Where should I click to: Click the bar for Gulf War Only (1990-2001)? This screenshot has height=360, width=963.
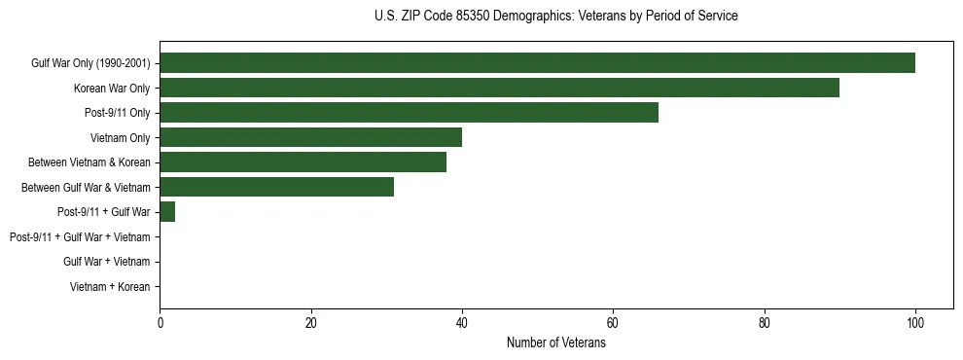click(537, 63)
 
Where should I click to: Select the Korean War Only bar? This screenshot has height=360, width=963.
click(499, 88)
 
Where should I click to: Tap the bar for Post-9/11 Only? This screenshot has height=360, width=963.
click(409, 113)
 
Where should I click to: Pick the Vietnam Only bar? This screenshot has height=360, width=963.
click(310, 137)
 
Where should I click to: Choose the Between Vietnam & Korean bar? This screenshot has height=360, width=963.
click(303, 162)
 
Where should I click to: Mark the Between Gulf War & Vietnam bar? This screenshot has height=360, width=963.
click(276, 187)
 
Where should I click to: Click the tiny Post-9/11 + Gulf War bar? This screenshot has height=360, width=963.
click(167, 212)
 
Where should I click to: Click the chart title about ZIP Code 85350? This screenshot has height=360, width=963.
click(555, 17)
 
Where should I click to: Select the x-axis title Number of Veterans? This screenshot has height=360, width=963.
click(555, 343)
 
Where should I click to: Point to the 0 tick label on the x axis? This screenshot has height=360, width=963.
click(160, 323)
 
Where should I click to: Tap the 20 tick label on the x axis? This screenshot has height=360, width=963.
click(311, 323)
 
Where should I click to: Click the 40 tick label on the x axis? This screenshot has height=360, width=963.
click(462, 323)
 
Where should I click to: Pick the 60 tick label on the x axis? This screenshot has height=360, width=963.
click(613, 323)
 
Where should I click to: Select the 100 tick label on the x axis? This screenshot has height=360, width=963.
click(915, 323)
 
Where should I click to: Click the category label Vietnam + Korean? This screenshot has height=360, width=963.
click(110, 287)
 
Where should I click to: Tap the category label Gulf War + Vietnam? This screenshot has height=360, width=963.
click(106, 262)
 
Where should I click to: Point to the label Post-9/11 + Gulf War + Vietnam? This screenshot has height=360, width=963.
click(80, 237)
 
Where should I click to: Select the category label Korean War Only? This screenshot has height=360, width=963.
click(112, 89)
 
